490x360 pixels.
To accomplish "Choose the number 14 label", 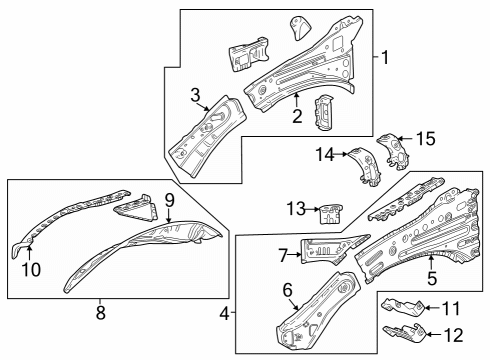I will click(322, 154).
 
